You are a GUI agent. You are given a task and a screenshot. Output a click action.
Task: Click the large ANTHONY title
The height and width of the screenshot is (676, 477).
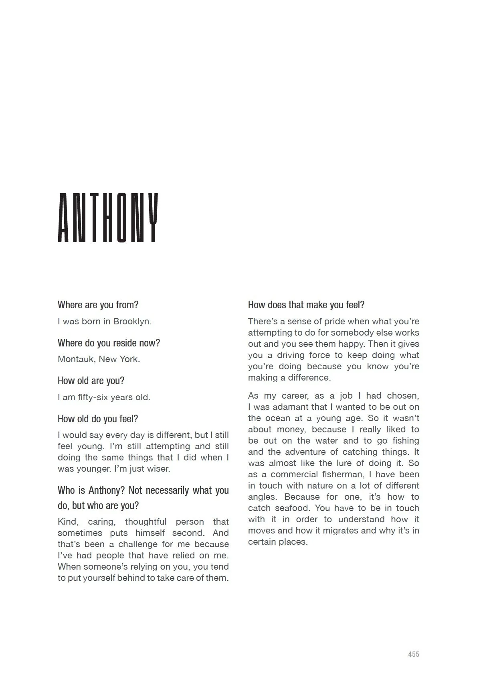108,218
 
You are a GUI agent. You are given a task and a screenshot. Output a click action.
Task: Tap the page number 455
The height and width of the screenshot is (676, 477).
413,654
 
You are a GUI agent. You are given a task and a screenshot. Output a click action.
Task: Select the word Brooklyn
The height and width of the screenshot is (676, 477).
132,321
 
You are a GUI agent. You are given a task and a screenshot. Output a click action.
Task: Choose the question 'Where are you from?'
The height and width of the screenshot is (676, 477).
98,305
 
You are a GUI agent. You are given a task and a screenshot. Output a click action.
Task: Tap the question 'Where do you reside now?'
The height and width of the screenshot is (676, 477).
109,343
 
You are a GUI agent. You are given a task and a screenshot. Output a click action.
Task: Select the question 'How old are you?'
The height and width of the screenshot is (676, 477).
91,381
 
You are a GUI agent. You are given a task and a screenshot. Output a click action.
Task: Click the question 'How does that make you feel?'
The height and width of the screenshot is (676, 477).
306,305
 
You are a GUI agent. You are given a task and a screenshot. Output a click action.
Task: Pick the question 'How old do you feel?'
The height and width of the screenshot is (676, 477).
98,419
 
